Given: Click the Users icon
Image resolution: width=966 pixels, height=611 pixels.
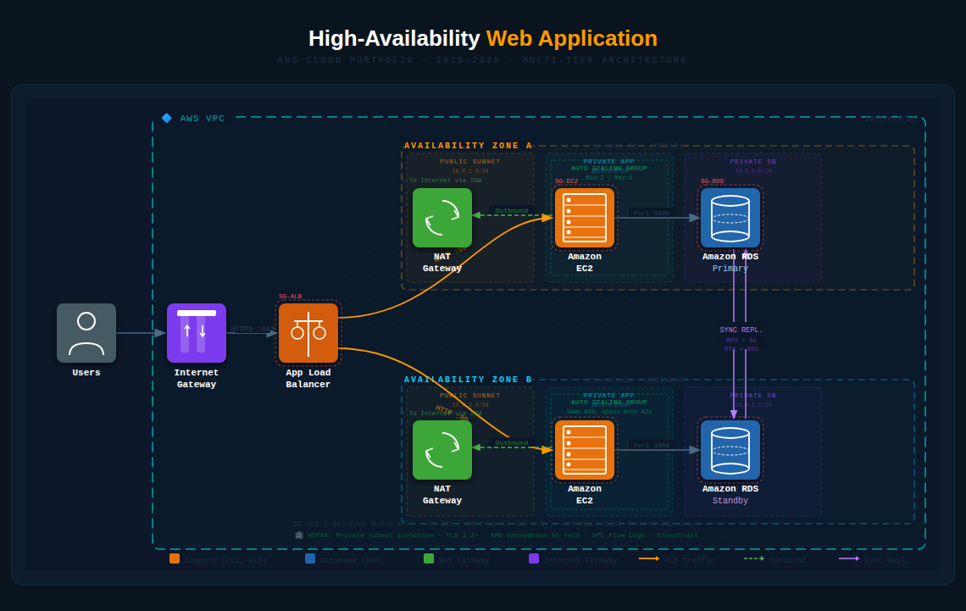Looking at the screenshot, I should pyautogui.click(x=86, y=333).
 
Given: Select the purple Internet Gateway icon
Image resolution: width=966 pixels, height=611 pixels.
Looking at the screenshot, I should pyautogui.click(x=197, y=333).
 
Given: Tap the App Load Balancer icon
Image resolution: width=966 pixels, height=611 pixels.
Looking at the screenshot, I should pyautogui.click(x=308, y=333).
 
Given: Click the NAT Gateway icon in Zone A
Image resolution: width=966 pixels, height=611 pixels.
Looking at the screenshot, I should pyautogui.click(x=442, y=218).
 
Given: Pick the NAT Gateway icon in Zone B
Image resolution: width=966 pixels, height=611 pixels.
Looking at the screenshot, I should pyautogui.click(x=442, y=450).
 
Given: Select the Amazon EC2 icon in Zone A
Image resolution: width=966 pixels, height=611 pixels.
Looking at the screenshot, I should pyautogui.click(x=585, y=218).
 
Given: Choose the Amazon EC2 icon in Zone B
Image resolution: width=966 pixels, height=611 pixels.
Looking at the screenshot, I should pyautogui.click(x=585, y=450).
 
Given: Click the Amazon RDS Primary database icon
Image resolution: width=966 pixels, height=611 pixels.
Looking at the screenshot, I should pyautogui.click(x=730, y=218).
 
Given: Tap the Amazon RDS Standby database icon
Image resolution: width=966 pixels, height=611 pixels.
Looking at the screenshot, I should pyautogui.click(x=730, y=450).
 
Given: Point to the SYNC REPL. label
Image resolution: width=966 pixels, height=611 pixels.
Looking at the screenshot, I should pyautogui.click(x=741, y=330).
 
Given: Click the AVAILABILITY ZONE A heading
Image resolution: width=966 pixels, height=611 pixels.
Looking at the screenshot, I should pyautogui.click(x=469, y=146).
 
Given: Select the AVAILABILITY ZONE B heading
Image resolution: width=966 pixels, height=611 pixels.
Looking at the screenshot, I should pyautogui.click(x=469, y=380).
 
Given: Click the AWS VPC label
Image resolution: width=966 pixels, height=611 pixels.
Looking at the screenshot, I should pyautogui.click(x=203, y=119).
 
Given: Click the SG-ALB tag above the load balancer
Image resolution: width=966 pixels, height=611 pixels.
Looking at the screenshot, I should pyautogui.click(x=291, y=297).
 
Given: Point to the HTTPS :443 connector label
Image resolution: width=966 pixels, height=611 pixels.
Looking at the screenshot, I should pyautogui.click(x=253, y=329).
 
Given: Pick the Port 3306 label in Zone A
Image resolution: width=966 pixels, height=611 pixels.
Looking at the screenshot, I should pyautogui.click(x=652, y=214).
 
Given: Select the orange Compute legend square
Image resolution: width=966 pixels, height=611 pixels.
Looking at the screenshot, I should pyautogui.click(x=175, y=558).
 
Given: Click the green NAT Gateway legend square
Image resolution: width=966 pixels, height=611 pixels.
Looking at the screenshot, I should pyautogui.click(x=429, y=558).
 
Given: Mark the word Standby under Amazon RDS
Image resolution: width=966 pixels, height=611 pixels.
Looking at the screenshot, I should pyautogui.click(x=730, y=501).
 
